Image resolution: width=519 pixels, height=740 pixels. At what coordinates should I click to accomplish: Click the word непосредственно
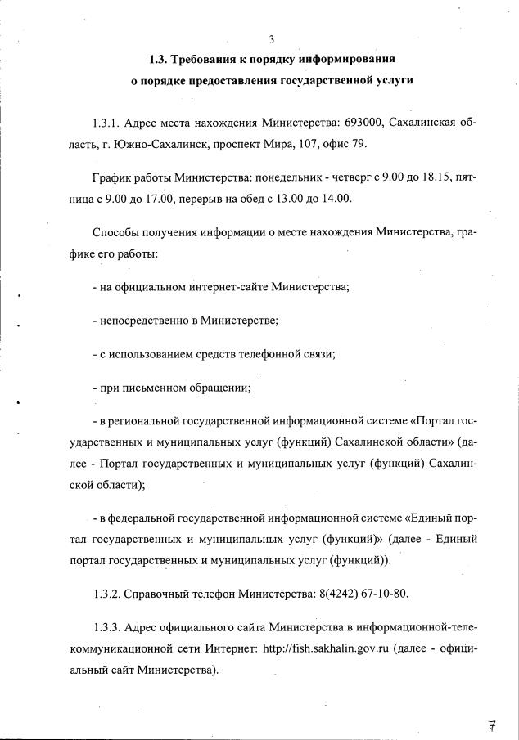point(143,320)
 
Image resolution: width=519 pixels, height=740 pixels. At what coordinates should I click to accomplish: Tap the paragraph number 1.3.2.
point(108,594)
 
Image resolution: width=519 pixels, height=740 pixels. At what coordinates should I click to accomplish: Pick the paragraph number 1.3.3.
point(108,628)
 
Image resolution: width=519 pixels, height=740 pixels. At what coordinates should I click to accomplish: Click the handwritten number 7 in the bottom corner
point(493,723)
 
